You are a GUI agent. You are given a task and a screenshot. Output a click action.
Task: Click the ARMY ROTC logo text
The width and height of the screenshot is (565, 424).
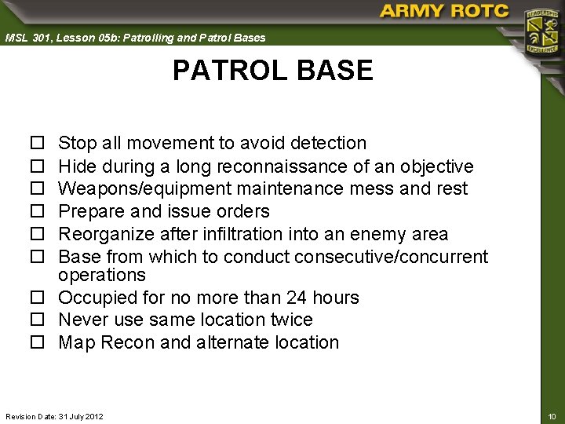444,12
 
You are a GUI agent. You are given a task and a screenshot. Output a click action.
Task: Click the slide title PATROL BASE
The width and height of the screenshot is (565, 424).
272,71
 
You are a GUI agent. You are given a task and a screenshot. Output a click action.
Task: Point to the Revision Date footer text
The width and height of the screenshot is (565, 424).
54,415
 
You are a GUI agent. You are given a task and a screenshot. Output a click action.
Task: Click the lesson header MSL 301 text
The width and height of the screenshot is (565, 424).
135,38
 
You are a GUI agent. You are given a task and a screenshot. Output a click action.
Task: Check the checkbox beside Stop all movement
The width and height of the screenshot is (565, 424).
36,144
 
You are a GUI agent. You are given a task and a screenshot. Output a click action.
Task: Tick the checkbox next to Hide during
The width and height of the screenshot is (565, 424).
36,166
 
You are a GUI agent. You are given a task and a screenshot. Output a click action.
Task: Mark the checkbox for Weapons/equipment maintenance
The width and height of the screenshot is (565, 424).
36,189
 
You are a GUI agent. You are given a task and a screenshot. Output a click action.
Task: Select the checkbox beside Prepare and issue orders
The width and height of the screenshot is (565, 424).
36,212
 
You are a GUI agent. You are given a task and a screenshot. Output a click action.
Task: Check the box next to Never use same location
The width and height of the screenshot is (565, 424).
36,320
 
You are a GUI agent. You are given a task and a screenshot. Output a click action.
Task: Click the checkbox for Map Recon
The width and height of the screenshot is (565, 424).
36,343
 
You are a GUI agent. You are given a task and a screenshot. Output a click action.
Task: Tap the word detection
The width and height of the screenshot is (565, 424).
327,143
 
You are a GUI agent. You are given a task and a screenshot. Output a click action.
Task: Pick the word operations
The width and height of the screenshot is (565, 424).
102,275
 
